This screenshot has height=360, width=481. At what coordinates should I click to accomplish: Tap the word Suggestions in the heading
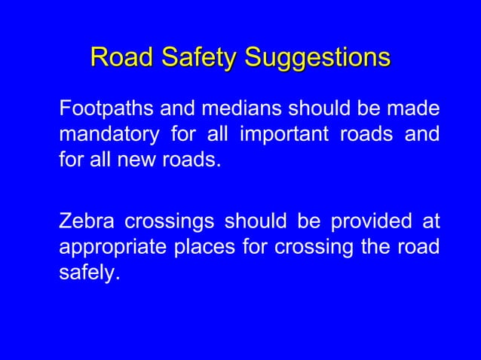point(317,57)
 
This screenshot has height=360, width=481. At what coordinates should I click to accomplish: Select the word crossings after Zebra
point(164,224)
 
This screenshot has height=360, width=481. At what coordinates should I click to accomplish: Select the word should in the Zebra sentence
point(249,224)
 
